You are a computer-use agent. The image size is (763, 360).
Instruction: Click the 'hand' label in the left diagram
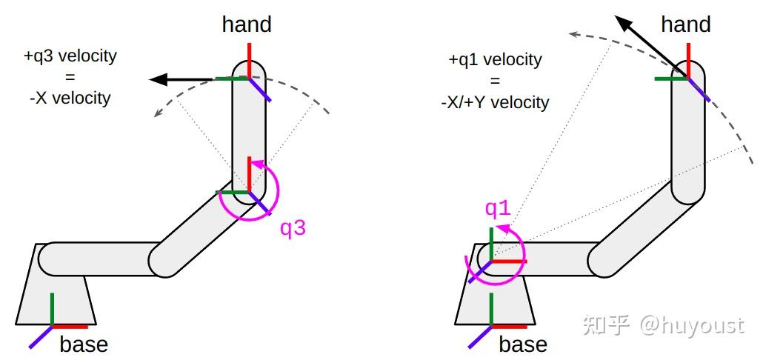click(247, 24)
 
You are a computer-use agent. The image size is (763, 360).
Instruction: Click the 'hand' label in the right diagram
click(685, 24)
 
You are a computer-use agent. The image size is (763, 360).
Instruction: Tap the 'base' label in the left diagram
click(84, 344)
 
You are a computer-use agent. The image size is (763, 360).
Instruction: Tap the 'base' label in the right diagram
click(523, 344)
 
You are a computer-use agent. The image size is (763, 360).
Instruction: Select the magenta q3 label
click(293, 228)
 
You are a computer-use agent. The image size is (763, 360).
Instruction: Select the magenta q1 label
click(498, 208)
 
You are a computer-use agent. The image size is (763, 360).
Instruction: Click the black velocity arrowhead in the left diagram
click(156, 79)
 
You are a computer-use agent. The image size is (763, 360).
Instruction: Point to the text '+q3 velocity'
click(70, 56)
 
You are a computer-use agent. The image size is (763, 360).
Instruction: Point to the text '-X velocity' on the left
click(70, 98)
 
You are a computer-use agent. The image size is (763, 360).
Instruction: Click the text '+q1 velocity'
click(495, 59)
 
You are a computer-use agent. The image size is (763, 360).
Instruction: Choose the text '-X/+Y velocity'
click(495, 101)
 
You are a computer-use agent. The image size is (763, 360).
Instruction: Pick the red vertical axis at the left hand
click(249, 59)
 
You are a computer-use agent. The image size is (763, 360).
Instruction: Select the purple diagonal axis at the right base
click(480, 336)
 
